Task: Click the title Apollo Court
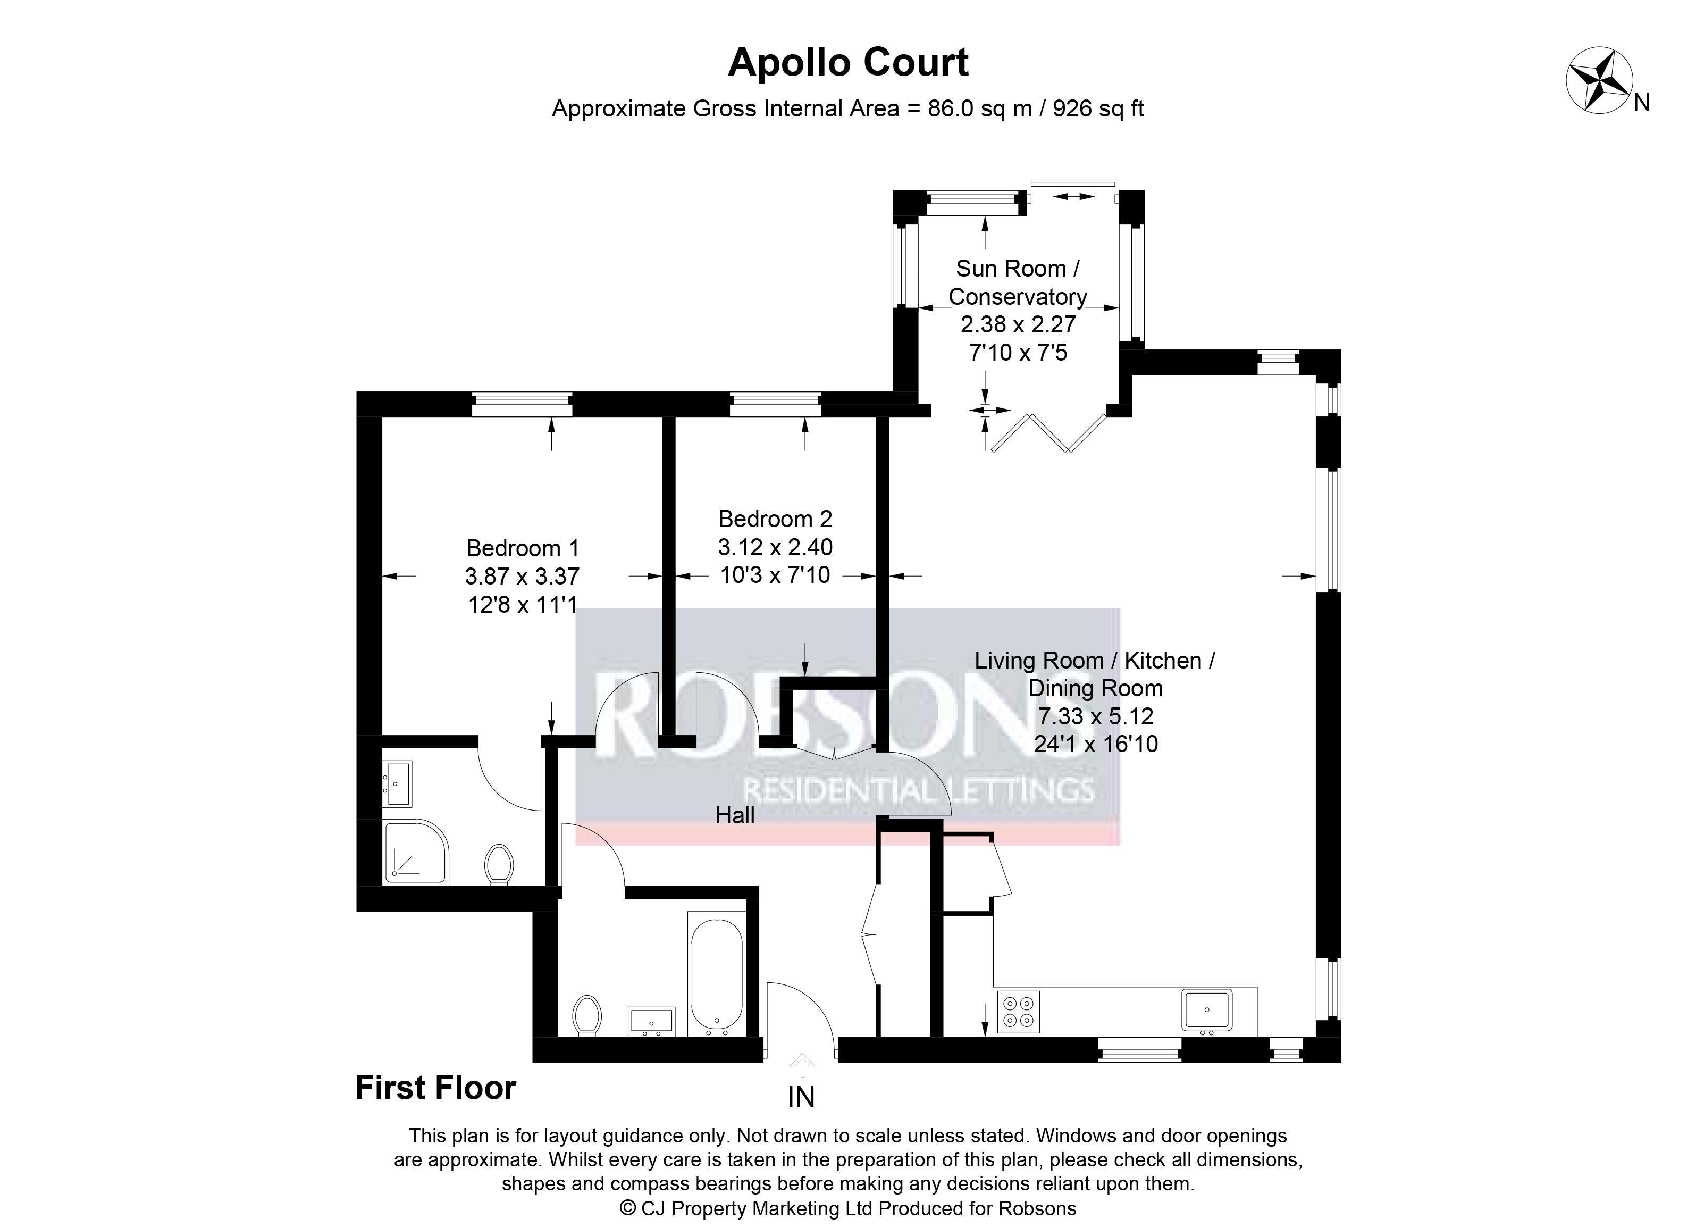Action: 848,62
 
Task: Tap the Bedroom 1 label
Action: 523,548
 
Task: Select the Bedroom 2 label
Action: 775,519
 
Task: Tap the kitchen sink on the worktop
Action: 1207,1010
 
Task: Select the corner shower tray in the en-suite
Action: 416,852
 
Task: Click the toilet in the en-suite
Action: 499,864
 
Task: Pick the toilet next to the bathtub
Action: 587,1015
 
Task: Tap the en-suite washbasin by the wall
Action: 397,783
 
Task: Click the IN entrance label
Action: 801,1097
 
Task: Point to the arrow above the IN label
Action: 802,1065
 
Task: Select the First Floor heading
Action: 435,1088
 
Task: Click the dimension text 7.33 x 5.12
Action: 1096,716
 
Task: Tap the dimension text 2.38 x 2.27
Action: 1018,324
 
